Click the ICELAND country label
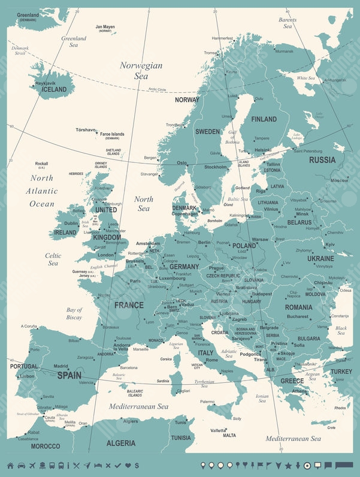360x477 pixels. click(x=55, y=89)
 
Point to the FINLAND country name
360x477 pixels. click(x=264, y=119)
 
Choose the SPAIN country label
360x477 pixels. click(x=69, y=376)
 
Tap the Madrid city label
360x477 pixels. click(x=60, y=366)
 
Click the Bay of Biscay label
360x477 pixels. click(x=74, y=313)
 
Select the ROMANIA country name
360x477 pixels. click(x=298, y=307)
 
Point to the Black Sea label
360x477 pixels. click(x=341, y=331)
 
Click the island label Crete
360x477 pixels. click(x=331, y=428)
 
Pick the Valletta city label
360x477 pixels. click(x=219, y=430)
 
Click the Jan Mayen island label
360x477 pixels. click(x=105, y=27)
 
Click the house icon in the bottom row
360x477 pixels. click(x=10, y=466)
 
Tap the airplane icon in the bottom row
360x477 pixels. click(x=32, y=466)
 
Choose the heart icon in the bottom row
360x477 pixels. click(x=127, y=466)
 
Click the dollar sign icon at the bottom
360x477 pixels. click(x=137, y=466)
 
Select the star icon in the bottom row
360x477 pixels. click(x=288, y=466)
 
